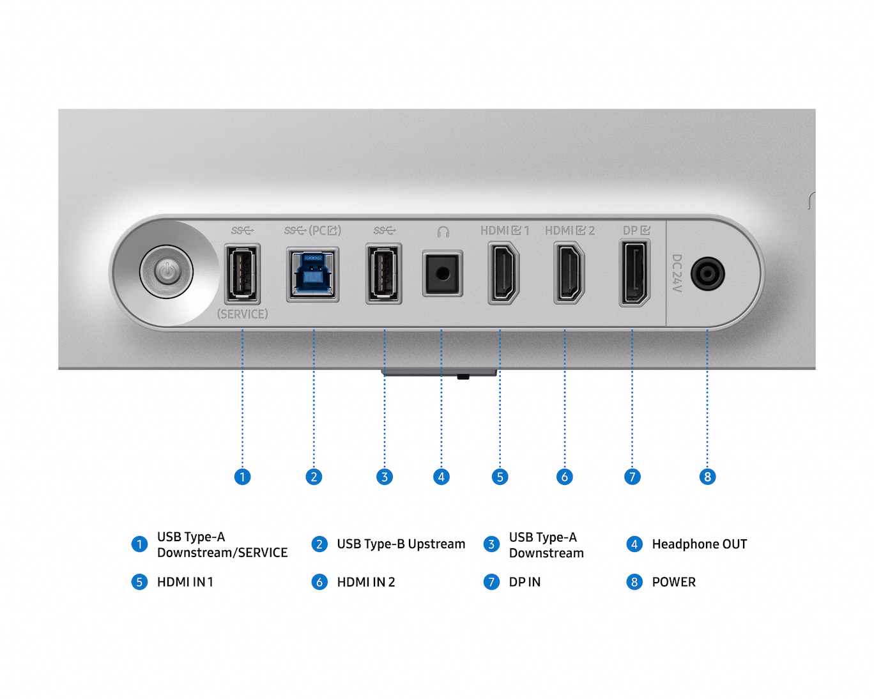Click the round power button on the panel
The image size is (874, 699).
[167, 272]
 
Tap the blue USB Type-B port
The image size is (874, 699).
[312, 274]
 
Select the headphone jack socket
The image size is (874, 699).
[442, 273]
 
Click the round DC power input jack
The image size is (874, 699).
[708, 273]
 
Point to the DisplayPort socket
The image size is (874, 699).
[634, 273]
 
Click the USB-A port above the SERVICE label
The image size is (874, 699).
[243, 273]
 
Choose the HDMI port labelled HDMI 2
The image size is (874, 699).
[569, 273]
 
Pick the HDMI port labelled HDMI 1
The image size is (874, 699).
[503, 273]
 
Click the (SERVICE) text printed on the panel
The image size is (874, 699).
[243, 314]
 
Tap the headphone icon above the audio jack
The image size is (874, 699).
[443, 232]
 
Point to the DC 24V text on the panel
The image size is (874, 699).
[677, 273]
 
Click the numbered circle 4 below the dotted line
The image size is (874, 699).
[441, 477]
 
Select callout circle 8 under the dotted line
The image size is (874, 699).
[707, 477]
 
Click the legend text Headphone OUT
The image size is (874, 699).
[700, 544]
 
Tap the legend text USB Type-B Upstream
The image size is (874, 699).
[401, 544]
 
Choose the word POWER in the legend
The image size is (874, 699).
[674, 582]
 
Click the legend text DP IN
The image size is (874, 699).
[525, 582]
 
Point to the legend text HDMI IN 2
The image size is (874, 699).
[366, 582]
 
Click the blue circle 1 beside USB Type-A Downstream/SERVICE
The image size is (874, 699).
[139, 544]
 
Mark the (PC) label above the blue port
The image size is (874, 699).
[325, 231]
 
